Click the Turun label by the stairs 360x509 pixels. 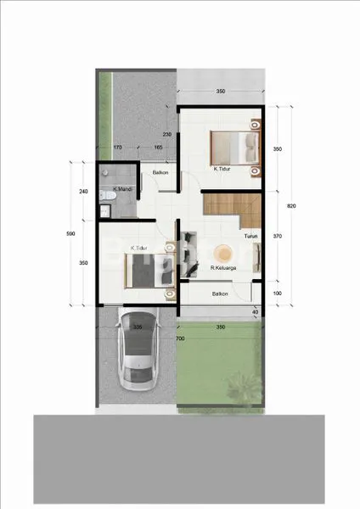[x=250, y=237]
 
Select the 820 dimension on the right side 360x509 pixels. [x=291, y=205]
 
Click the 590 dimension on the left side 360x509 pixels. [x=72, y=234]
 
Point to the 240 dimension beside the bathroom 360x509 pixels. [x=83, y=192]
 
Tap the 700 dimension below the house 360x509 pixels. [x=180, y=338]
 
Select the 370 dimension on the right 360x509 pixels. [x=278, y=236]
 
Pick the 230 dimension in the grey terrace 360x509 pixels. [x=167, y=133]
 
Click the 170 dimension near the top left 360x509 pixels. [x=118, y=148]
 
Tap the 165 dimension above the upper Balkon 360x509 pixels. [x=158, y=148]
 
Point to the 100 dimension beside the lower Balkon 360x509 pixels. [x=278, y=294]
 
